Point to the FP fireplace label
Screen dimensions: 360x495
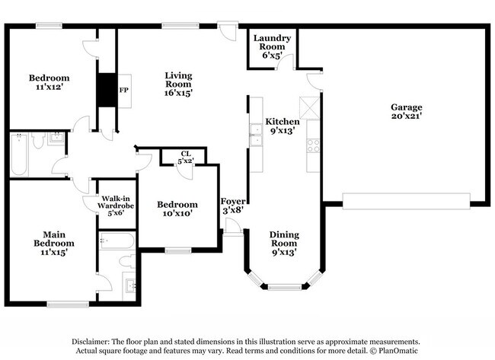point(123,89)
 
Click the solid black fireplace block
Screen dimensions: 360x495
point(105,89)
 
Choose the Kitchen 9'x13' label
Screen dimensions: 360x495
point(282,126)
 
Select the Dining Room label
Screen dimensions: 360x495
point(282,243)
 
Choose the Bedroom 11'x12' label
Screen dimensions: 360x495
point(49,82)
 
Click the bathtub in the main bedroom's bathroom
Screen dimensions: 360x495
point(116,242)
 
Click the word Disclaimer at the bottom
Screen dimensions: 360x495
point(94,342)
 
